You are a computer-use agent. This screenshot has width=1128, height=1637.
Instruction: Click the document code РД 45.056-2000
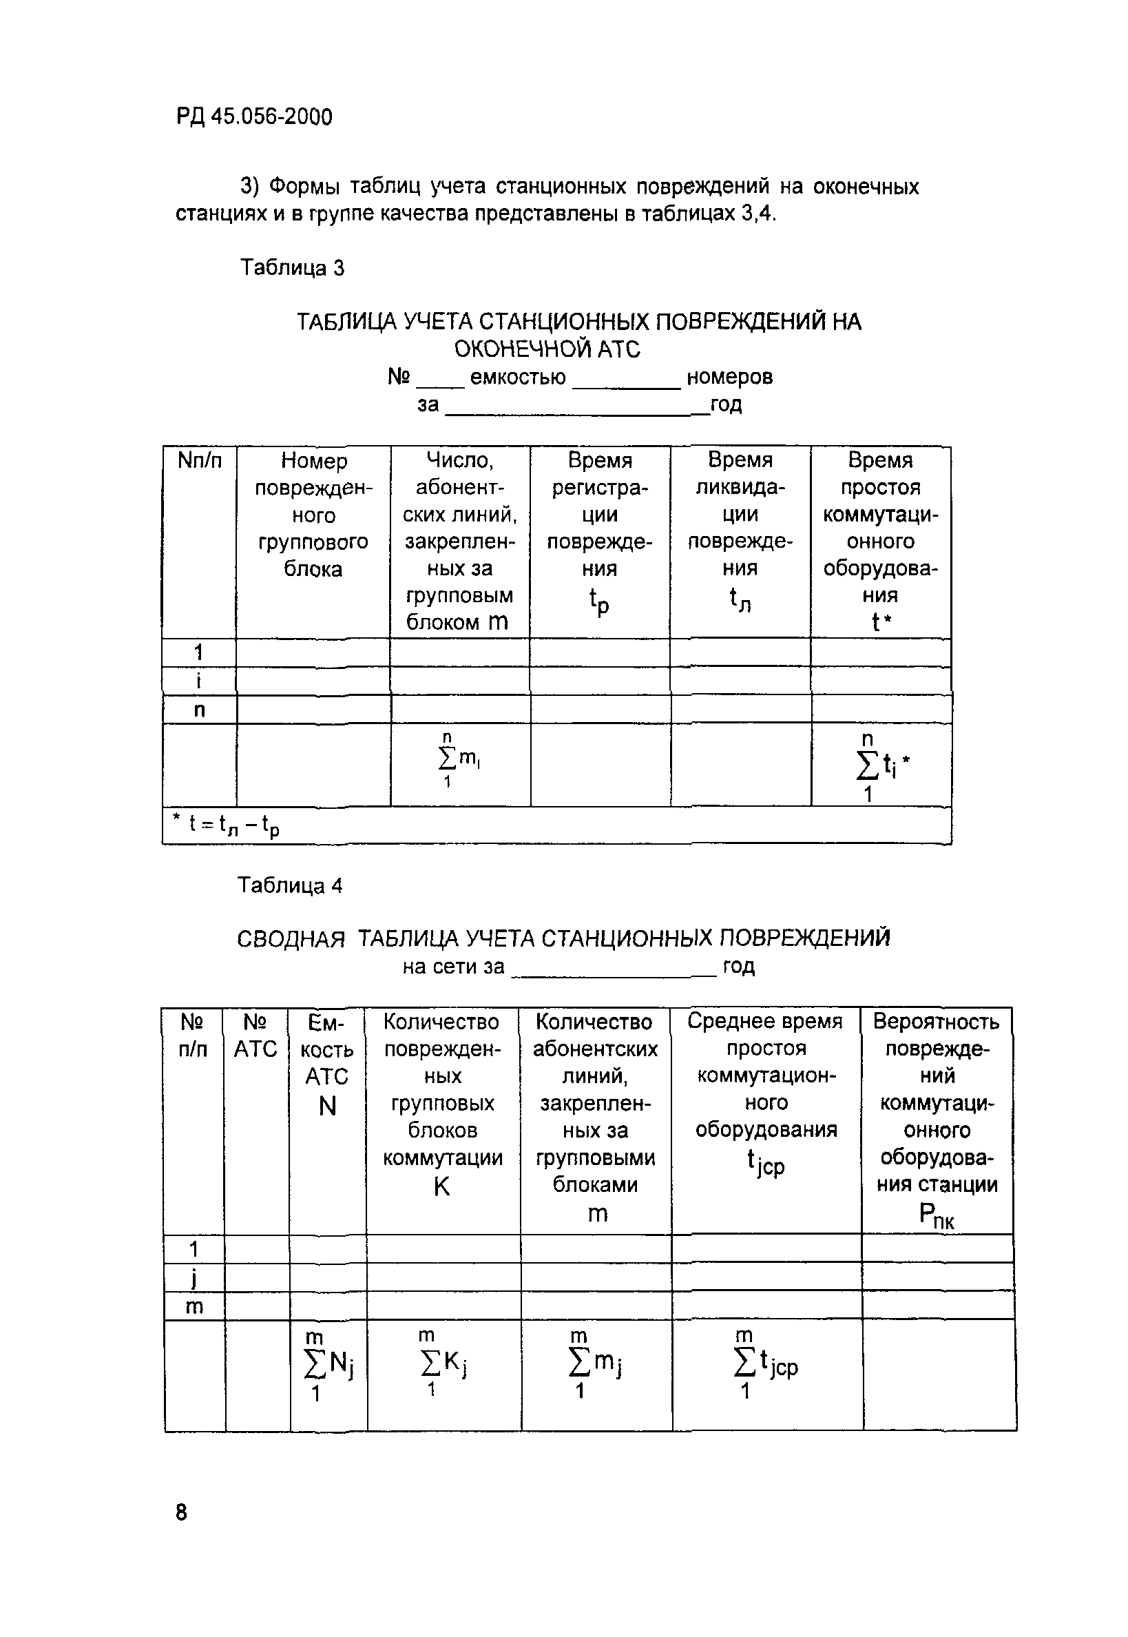pyautogui.click(x=253, y=116)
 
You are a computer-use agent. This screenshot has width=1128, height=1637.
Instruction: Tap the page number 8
pyautogui.click(x=182, y=1512)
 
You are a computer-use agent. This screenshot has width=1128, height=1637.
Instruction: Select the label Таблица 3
pyautogui.click(x=292, y=268)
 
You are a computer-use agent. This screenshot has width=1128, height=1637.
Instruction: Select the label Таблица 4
pyautogui.click(x=290, y=885)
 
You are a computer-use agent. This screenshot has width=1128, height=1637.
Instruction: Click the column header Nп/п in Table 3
pyautogui.click(x=199, y=461)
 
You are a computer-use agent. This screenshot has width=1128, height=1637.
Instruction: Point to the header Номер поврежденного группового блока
pyautogui.click(x=313, y=515)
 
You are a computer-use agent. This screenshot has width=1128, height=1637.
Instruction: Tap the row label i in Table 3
pyautogui.click(x=198, y=681)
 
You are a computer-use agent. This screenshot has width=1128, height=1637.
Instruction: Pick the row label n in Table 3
pyautogui.click(x=198, y=710)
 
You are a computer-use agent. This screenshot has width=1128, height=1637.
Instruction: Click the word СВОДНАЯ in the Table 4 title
pyautogui.click(x=291, y=939)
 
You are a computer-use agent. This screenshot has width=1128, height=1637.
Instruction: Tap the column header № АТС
pyautogui.click(x=254, y=1036)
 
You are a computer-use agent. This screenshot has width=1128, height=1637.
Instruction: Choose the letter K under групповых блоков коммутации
pyautogui.click(x=441, y=1187)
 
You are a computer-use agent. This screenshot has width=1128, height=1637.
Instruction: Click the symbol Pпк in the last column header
pyautogui.click(x=937, y=1215)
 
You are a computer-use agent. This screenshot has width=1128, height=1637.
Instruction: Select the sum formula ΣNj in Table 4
pyautogui.click(x=327, y=1367)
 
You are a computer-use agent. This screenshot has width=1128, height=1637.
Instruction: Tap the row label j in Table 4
pyautogui.click(x=193, y=1277)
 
